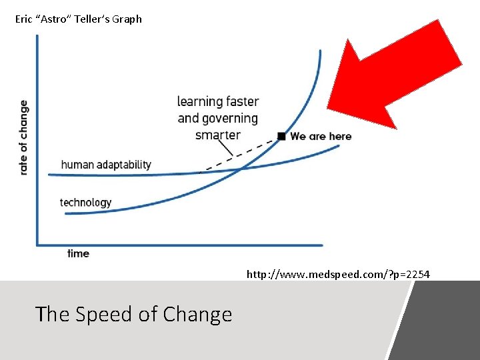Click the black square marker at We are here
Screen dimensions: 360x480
(281, 136)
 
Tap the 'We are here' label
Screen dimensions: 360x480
(321, 136)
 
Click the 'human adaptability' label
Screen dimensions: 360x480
(106, 165)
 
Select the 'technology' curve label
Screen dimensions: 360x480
(85, 202)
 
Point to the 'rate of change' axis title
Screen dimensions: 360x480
(24, 137)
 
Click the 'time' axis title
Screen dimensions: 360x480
(78, 253)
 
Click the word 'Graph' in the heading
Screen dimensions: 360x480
(127, 19)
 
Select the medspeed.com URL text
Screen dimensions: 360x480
(338, 274)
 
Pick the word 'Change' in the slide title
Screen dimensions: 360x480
(197, 313)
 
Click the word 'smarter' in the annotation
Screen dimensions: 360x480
(217, 135)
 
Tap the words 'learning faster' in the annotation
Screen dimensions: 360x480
(217, 101)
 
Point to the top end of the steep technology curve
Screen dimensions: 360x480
(320, 51)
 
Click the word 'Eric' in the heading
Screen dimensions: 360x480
(23, 19)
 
